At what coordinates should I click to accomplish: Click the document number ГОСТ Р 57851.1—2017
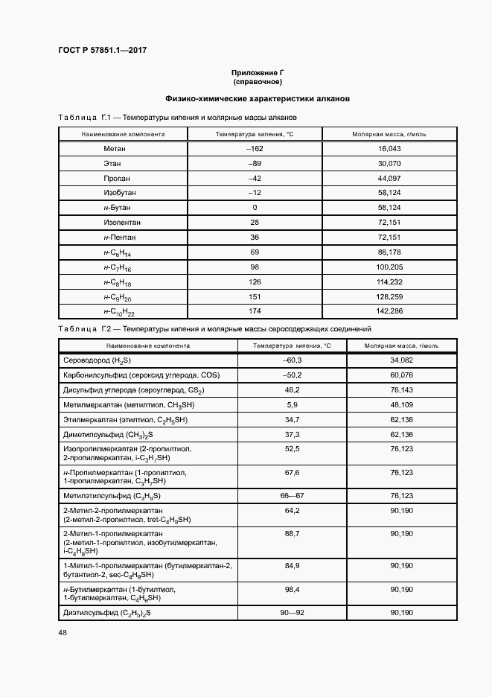point(103,51)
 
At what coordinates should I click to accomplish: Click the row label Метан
point(117,149)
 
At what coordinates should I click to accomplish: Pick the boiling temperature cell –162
point(255,149)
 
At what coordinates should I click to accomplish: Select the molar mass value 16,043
point(389,149)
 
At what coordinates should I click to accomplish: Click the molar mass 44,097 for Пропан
point(389,179)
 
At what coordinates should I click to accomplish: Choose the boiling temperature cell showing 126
point(255,281)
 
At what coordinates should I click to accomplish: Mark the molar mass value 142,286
point(389,311)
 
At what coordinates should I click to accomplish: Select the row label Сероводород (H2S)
point(93,360)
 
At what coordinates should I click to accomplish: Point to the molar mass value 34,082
point(401,360)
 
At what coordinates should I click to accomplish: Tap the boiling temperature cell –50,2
point(292,375)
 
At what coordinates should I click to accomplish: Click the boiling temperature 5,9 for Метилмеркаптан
point(292,404)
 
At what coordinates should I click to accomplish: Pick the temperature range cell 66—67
point(292,495)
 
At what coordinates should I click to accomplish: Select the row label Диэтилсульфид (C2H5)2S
point(107,612)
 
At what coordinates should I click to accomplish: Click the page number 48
point(63,632)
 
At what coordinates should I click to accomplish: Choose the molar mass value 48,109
point(401,404)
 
